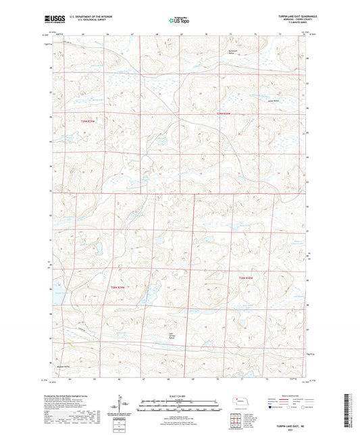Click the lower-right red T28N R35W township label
pyautogui.click(x=245, y=278)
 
